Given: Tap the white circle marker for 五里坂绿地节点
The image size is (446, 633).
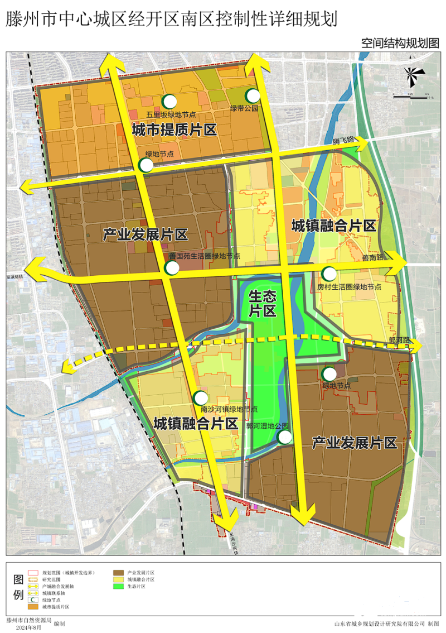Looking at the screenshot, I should coord(168,101).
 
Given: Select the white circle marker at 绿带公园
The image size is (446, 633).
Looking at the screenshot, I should coord(253,95).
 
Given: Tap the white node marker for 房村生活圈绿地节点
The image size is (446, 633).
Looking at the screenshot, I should coord(329,274).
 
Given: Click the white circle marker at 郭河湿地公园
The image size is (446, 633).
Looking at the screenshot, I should coord(285,437).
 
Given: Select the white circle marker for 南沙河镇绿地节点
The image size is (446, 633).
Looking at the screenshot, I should coord(200,398).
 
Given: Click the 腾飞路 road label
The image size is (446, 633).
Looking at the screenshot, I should coord(343,141).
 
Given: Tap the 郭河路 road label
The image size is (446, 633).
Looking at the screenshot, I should coord(399,340).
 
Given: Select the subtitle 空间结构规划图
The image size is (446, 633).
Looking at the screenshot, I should coord(400,43).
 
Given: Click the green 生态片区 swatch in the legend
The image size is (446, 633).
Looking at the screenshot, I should coord(118,587).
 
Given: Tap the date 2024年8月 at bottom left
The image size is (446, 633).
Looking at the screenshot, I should coord(29,628).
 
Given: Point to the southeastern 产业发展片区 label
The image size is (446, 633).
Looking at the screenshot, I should coord(354,444).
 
